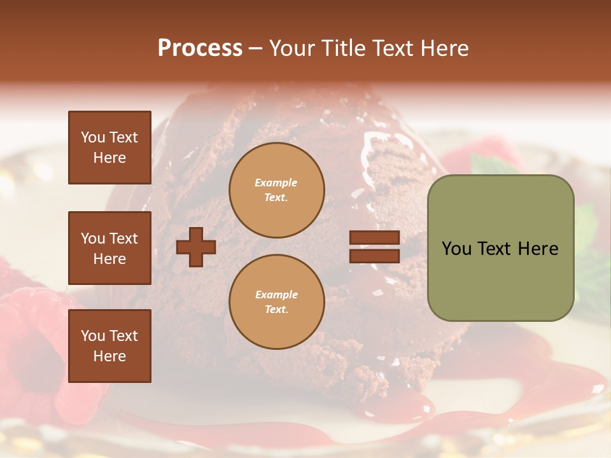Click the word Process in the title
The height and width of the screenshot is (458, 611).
coord(200,48)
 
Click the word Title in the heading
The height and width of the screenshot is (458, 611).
coord(344,48)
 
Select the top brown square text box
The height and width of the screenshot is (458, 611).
coord(109,148)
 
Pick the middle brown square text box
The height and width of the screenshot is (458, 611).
coord(109,248)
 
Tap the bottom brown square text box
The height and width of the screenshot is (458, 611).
coord(109,345)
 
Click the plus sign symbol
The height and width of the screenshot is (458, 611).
coord(196,247)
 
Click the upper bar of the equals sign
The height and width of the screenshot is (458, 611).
coord(374,238)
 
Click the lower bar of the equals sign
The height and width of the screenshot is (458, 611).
coord(374,256)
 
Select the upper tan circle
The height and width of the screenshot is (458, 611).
coord(276,190)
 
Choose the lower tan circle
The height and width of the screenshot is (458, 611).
coord(276,302)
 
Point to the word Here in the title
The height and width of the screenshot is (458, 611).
coord(442,48)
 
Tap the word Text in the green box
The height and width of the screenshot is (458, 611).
coord(500,249)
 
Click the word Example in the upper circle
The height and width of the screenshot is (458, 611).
coord(276,183)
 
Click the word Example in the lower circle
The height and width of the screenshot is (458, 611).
coord(276,295)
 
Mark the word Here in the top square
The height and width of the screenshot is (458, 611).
coord(109,158)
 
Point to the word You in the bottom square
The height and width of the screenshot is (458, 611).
coord(93,336)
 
